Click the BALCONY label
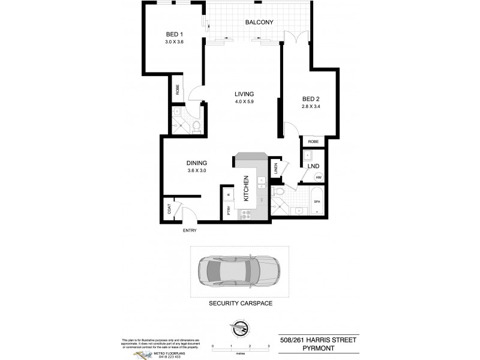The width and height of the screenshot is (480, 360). click(x=259, y=23)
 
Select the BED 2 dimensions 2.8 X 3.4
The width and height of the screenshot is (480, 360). click(x=312, y=107)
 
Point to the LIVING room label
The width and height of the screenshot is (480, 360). click(x=244, y=94)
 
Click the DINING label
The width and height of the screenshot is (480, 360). click(x=197, y=163)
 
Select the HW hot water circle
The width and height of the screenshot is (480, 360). click(x=319, y=178)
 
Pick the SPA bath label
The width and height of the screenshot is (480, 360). click(x=317, y=202)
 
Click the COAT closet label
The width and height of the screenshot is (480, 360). click(x=169, y=209)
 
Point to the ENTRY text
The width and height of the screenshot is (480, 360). click(x=190, y=230)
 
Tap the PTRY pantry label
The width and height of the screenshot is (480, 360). click(x=229, y=211)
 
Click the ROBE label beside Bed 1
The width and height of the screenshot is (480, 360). click(x=178, y=89)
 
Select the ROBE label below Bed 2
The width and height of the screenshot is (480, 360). click(x=314, y=142)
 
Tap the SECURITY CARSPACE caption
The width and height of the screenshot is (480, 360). click(x=240, y=304)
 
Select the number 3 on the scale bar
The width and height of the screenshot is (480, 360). click(x=267, y=347)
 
